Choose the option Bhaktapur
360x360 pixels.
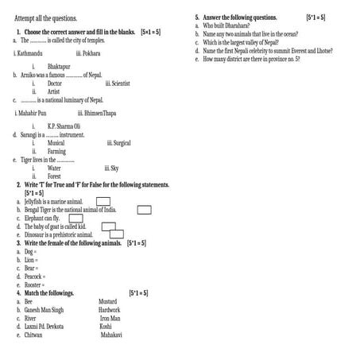[59, 67]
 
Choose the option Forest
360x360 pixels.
[53, 176]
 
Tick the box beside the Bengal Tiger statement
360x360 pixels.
[145, 210]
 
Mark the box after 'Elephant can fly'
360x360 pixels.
[76, 218]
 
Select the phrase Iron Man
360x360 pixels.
[110, 319]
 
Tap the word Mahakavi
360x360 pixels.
[111, 335]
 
